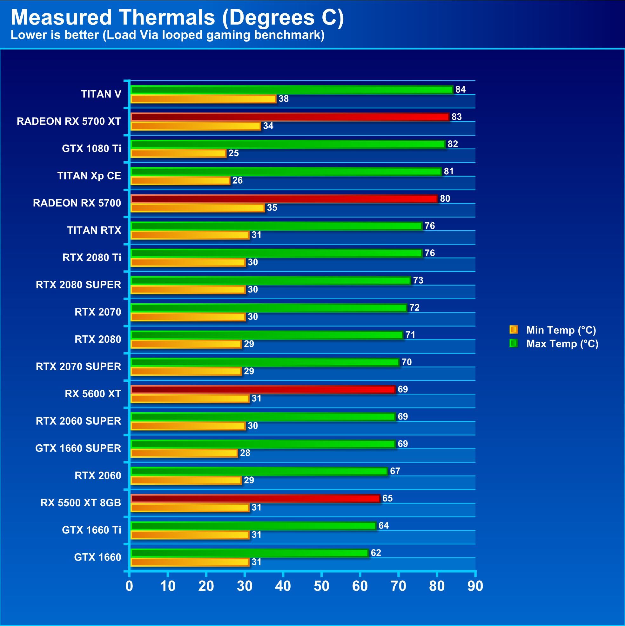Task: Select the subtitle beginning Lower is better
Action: [167, 35]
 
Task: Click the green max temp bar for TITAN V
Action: [292, 90]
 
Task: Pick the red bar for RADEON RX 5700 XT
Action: [290, 117]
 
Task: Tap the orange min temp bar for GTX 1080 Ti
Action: [178, 153]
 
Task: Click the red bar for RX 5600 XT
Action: [263, 389]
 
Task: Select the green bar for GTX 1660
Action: [250, 553]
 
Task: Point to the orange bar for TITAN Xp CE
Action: [180, 180]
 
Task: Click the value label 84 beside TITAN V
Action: [460, 90]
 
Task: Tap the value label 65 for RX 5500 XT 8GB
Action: [387, 498]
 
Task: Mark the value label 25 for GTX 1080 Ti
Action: [234, 153]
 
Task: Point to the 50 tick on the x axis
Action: [321, 586]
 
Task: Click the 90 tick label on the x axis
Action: [475, 586]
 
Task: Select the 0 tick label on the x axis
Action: [129, 586]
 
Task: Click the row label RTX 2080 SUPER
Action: [78, 285]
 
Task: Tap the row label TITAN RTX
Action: [94, 230]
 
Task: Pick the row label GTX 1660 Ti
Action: [91, 530]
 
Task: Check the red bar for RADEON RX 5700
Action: [284, 199]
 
